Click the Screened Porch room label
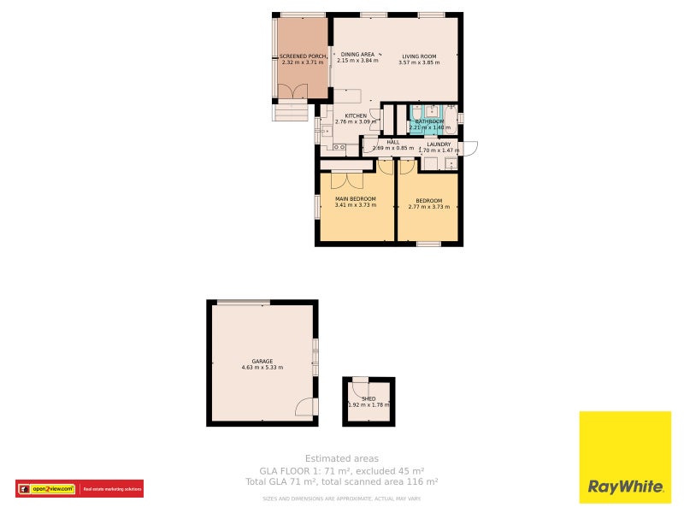pos(304,56)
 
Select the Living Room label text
pos(419,56)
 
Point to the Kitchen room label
pos(356,115)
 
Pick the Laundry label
pos(439,144)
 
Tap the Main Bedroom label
pos(355,199)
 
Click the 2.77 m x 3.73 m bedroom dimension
pos(428,206)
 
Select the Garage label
pos(262,362)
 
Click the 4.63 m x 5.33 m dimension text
pos(262,368)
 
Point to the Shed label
pos(369,399)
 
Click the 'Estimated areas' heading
pos(342,459)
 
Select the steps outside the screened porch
pos(289,112)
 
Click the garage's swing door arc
pos(306,407)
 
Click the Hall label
pos(393,143)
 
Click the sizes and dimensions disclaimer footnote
pos(342,498)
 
